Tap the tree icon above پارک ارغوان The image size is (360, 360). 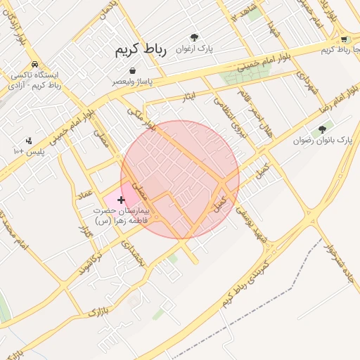click(195, 37)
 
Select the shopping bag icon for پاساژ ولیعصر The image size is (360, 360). click(133, 70)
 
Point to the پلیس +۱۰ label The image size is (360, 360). click(29, 151)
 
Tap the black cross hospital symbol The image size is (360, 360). click(121, 200)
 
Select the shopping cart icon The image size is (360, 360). click(344, 39)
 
